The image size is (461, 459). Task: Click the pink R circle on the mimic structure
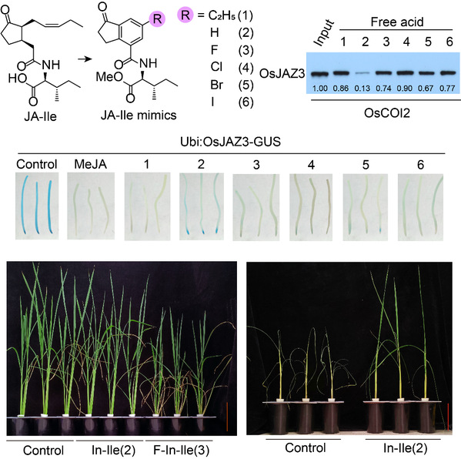tap(157, 18)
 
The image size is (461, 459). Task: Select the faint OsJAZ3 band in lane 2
tap(362, 74)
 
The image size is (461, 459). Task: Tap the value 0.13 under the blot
tap(362, 89)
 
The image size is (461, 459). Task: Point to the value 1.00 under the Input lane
tap(320, 89)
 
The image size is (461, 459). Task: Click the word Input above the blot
tap(324, 32)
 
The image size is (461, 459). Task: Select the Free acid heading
tap(396, 22)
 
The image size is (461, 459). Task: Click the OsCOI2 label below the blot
tap(387, 112)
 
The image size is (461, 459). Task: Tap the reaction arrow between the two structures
tap(85, 59)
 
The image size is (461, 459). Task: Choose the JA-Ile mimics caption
tap(139, 115)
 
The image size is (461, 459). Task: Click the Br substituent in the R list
tap(217, 85)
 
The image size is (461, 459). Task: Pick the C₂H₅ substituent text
tap(222, 15)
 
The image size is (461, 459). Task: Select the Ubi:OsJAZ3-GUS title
tap(231, 142)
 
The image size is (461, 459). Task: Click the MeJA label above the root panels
tap(90, 164)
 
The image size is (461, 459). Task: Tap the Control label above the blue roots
tap(37, 164)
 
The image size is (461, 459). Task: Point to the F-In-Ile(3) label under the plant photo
tap(181, 451)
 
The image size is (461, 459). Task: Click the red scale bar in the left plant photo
tap(227, 408)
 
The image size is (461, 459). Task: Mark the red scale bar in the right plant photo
tap(448, 417)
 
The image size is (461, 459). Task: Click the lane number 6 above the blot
tap(449, 42)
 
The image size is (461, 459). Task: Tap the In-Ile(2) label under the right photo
tap(406, 447)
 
